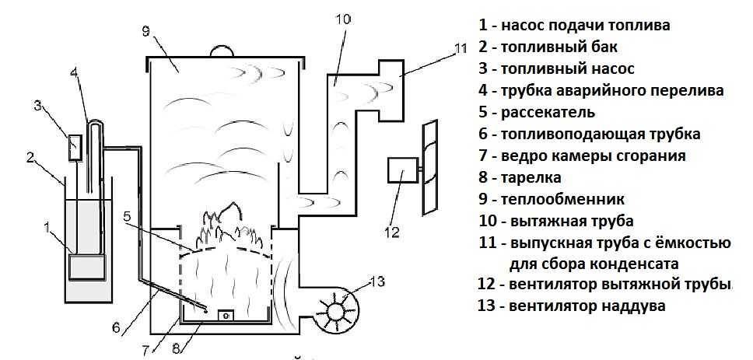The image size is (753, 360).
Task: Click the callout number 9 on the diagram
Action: click(x=146, y=32)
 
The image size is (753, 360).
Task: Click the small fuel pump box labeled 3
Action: click(x=75, y=147)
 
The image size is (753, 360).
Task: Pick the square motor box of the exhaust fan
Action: click(x=401, y=171)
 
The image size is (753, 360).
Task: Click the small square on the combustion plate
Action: click(x=226, y=315)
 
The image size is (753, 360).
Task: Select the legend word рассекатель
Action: click(x=552, y=112)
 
